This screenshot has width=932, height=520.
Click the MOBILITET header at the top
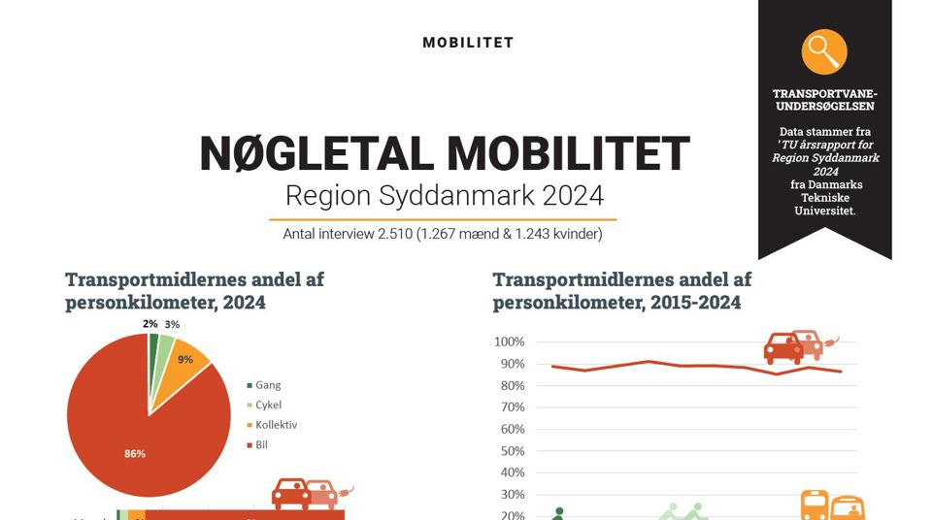468,43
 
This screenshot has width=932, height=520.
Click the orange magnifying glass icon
824,51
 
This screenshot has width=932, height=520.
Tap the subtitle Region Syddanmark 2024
444,195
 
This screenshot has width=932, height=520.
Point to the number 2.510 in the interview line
392,234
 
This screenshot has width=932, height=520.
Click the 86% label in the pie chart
135,454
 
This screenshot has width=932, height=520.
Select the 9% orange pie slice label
184,359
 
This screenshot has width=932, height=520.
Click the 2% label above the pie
150,324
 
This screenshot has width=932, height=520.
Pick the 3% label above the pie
172,325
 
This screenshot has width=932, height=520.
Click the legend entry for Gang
267,385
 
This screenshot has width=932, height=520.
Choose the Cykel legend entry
268,406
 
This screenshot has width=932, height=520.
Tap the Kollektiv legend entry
275,425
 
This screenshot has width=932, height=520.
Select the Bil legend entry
260,445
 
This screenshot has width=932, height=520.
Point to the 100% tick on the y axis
509,342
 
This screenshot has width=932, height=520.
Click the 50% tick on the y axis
511,451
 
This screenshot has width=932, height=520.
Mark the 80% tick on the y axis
511,386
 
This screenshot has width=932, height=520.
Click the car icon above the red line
794,346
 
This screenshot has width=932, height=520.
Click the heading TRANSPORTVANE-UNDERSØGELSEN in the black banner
824,100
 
